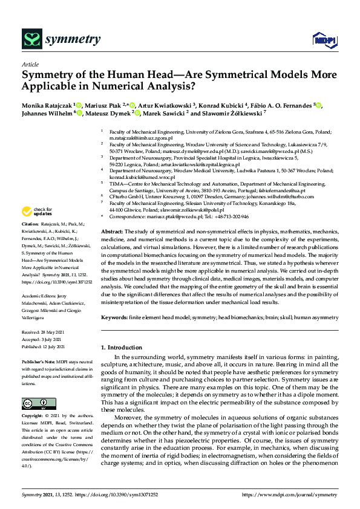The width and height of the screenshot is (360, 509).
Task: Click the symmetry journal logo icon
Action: click(31, 39)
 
